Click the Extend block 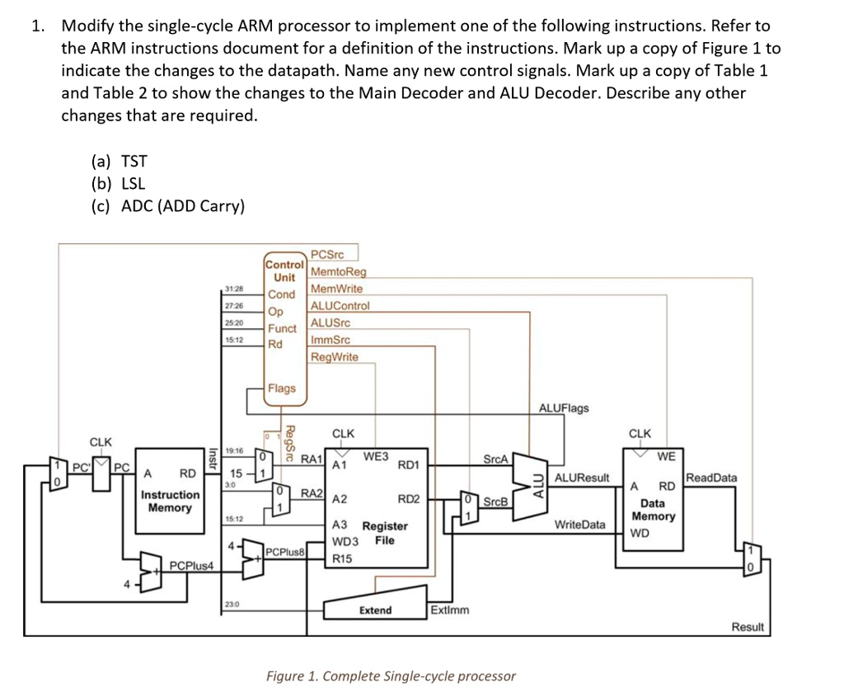pyautogui.click(x=376, y=609)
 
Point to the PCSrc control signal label pyautogui.click(x=326, y=256)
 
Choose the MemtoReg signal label pyautogui.click(x=338, y=271)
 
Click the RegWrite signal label pyautogui.click(x=334, y=356)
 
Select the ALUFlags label pyautogui.click(x=564, y=408)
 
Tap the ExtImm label pyautogui.click(x=450, y=610)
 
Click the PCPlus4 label pyautogui.click(x=191, y=566)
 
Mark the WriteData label pyautogui.click(x=579, y=525)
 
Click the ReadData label pyautogui.click(x=712, y=478)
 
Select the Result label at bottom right pyautogui.click(x=748, y=627)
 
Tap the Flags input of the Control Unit pyautogui.click(x=281, y=388)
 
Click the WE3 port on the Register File pyautogui.click(x=377, y=455)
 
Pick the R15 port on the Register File pyautogui.click(x=343, y=558)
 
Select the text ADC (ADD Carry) pyautogui.click(x=182, y=206)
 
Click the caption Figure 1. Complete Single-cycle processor pyautogui.click(x=391, y=676)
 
